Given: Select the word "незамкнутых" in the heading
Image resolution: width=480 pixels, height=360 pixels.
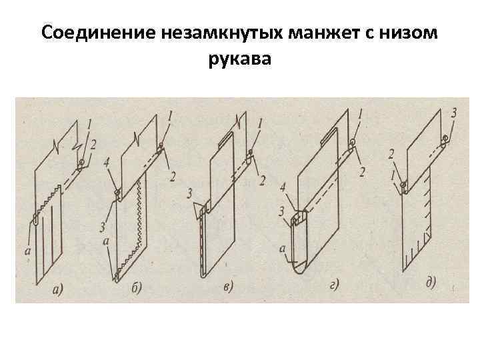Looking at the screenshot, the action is [x=201, y=33].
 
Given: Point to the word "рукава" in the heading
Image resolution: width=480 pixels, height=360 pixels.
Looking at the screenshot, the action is [x=239, y=61].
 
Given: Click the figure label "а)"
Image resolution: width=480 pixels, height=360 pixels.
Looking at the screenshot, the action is [x=58, y=289].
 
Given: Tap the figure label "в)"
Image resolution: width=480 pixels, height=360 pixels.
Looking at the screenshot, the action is [x=228, y=288].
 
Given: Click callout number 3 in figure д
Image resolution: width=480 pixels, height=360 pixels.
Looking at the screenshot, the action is [x=453, y=114].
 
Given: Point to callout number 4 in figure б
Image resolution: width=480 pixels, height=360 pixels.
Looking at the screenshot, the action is [x=107, y=161].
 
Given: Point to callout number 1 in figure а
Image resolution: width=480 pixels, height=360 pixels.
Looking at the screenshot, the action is [x=90, y=124].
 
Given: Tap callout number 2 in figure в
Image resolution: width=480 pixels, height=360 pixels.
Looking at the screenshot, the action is [x=263, y=180].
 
